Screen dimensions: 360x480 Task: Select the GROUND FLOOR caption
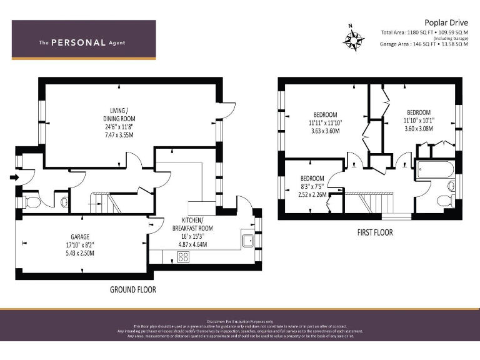132,289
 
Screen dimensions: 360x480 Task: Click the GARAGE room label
79,237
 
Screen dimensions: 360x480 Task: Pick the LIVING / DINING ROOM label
119,114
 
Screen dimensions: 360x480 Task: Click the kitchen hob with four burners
184,256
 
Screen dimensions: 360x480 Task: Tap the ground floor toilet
32,201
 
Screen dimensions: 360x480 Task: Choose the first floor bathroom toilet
445,200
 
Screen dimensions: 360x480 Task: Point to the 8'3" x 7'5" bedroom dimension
312,186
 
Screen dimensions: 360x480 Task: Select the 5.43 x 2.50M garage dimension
79,252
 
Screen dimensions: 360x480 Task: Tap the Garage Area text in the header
424,44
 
